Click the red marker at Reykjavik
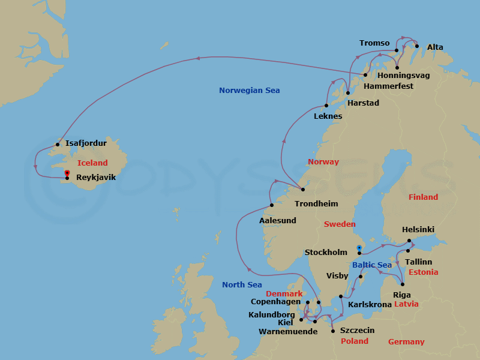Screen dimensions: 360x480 (67, 174)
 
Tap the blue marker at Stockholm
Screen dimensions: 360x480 (359, 248)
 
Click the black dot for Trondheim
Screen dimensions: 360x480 (303, 190)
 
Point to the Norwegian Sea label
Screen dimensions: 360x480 (249, 91)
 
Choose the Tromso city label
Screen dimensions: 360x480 (374, 43)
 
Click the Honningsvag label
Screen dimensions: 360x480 (403, 76)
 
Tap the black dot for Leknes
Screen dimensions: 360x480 (326, 106)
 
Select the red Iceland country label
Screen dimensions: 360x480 (92, 163)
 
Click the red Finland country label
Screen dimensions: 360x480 (423, 197)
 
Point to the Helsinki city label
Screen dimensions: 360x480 (418, 230)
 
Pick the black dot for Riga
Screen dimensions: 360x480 (402, 284)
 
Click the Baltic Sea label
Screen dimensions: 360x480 (372, 265)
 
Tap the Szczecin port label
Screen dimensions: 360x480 (357, 331)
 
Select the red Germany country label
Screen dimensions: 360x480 (406, 341)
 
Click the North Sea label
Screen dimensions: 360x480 (242, 284)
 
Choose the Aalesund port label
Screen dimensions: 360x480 (277, 220)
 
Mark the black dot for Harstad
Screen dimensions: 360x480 (348, 93)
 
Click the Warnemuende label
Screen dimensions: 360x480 (287, 331)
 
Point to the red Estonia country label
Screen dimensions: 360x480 (423, 272)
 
